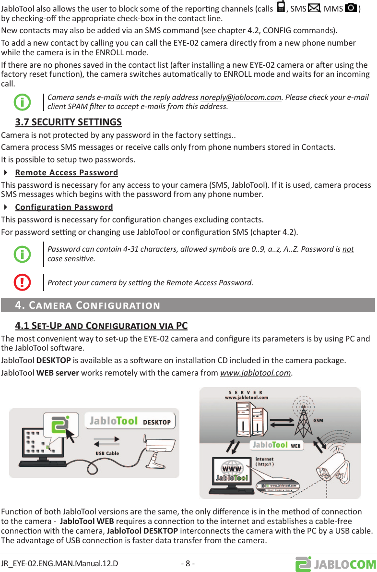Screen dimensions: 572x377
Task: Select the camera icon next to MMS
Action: click(351, 9)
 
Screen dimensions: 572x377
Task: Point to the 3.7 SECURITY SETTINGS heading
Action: click(68, 122)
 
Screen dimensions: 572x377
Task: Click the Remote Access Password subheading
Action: click(66, 172)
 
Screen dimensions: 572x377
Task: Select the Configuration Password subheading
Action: click(64, 207)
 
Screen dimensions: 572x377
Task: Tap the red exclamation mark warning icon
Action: click(22, 281)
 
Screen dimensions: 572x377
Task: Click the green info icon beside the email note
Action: click(22, 102)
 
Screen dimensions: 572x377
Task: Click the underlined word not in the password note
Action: click(348, 249)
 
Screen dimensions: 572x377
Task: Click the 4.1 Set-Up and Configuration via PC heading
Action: click(101, 326)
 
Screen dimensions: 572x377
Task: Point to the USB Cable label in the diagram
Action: click(107, 453)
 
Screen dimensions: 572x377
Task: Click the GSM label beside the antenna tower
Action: click(318, 421)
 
